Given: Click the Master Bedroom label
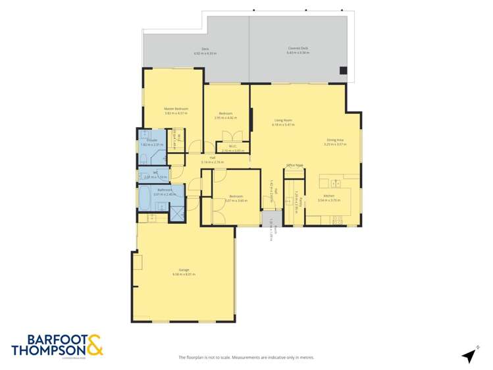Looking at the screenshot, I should coord(176,109).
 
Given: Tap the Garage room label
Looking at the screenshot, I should coord(184,271).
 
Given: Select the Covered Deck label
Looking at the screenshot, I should coord(298,48).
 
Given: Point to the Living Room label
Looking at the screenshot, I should coord(283,120).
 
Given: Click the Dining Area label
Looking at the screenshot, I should coord(336,139).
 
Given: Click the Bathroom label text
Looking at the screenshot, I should coord(161,190).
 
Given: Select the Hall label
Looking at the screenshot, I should coord(213,158).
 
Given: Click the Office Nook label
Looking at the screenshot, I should coord(294,165).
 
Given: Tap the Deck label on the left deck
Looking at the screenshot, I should coord(205,49).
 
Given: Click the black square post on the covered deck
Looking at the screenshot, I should coord(343,70).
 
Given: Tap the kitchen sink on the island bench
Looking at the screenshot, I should coord(334,184).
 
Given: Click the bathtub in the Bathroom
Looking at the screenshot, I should coord(151,196).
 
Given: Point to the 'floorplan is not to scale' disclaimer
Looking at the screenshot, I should coord(246,357).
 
